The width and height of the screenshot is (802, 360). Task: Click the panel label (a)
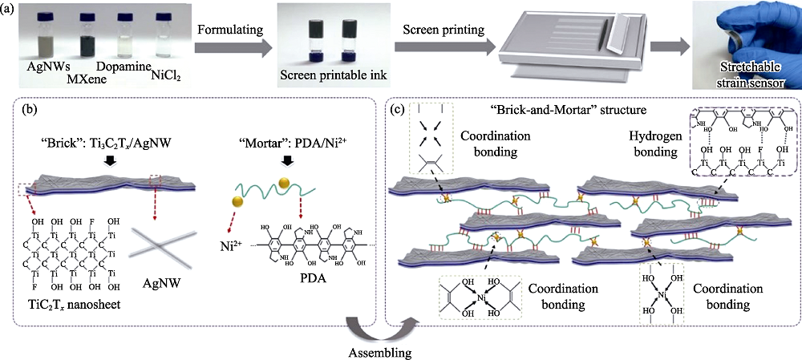(x=10, y=10)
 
